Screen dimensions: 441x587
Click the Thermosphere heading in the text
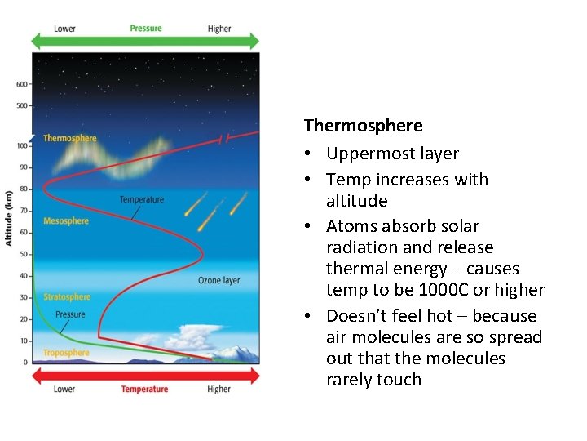click(x=363, y=126)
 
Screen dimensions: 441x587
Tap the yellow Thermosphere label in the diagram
click(x=69, y=138)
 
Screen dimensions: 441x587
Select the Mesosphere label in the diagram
click(x=66, y=221)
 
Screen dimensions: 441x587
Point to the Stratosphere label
click(x=67, y=297)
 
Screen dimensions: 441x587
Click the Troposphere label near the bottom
click(x=66, y=353)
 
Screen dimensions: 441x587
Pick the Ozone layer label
click(x=218, y=280)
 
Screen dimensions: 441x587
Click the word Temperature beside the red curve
click(x=142, y=199)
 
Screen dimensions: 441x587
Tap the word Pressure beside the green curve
click(x=70, y=314)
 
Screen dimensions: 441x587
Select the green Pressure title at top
click(x=146, y=29)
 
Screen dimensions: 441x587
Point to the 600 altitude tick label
click(x=21, y=84)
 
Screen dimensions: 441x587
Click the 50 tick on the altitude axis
click(x=24, y=254)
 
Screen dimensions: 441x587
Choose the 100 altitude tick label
click(x=22, y=145)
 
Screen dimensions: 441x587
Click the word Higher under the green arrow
click(x=219, y=29)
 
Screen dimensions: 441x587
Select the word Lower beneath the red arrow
click(x=65, y=390)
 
